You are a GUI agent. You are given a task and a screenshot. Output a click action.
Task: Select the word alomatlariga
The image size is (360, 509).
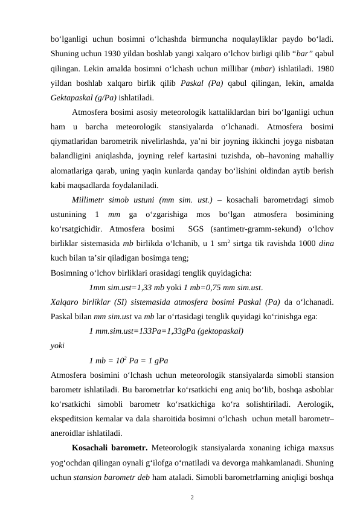(x=71, y=169)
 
